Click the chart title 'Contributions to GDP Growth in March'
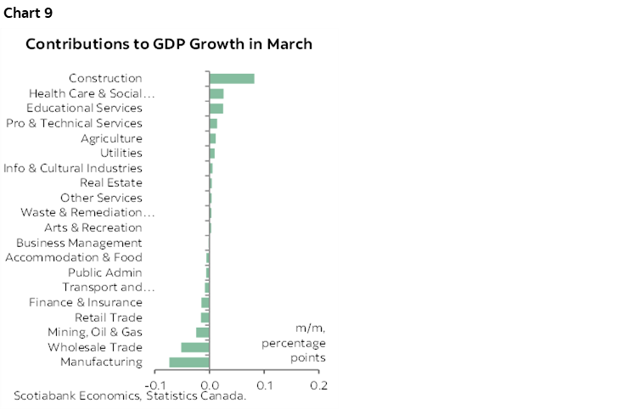(x=169, y=43)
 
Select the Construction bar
(x=232, y=79)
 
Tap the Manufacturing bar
(x=189, y=362)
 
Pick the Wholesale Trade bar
(x=195, y=347)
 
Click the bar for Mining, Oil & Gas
(x=203, y=332)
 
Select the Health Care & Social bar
(x=216, y=93)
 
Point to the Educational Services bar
(x=216, y=109)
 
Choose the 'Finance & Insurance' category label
(x=86, y=302)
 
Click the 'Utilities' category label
(x=121, y=153)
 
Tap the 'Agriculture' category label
(x=111, y=138)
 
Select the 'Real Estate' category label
(x=110, y=183)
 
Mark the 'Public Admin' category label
(x=104, y=272)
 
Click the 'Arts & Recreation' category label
(x=93, y=227)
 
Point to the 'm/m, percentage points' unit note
(x=294, y=343)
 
